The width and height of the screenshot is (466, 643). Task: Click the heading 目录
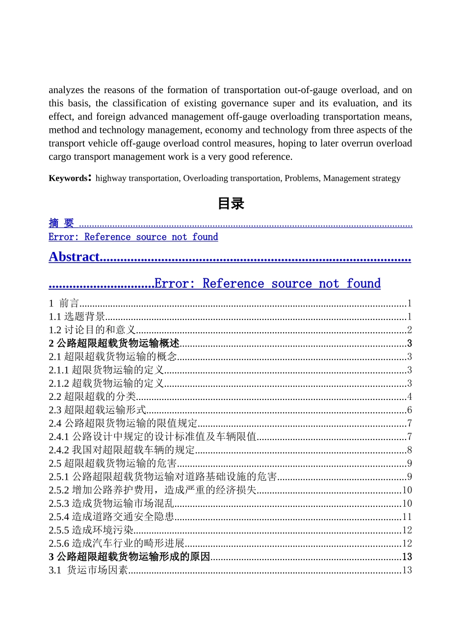231,203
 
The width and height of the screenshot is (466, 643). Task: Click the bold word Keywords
68,178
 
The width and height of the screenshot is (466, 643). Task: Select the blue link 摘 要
61,223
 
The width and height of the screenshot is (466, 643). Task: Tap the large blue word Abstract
74,257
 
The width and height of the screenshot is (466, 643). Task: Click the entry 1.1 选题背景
77,317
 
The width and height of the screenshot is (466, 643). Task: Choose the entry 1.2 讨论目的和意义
92,330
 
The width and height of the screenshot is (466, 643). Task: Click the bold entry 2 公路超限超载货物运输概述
114,344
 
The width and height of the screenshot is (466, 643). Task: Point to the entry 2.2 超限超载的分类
92,396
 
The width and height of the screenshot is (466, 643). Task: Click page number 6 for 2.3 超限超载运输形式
410,410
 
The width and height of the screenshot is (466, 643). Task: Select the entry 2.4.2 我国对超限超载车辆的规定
122,450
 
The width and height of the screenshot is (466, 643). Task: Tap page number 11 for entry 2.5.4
407,517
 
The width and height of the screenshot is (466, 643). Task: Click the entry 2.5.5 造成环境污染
91,530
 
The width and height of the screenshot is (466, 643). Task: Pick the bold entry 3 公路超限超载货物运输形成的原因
129,557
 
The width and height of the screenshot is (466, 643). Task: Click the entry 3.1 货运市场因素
88,570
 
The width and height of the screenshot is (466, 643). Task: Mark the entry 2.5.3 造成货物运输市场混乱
111,503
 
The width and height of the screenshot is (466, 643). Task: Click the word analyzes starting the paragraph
66,90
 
